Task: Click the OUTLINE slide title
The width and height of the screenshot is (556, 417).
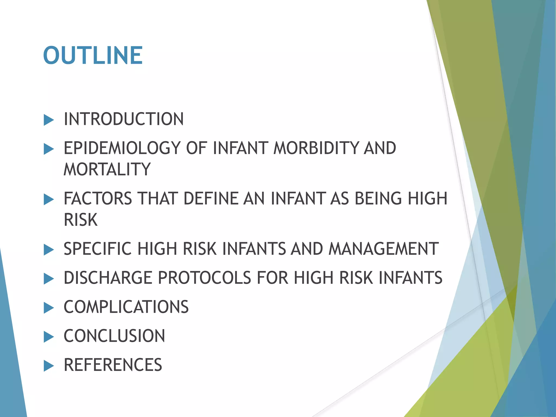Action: coord(93,56)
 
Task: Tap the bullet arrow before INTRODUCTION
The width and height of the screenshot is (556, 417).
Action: coord(49,120)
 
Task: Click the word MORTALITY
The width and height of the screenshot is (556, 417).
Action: coord(107,169)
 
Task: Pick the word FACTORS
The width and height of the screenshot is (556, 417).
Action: coord(98,198)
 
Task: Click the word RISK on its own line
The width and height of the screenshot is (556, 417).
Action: coord(81,220)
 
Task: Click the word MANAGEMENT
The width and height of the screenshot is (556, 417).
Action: coord(383,249)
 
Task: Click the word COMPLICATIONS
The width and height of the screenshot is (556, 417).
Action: coord(126,307)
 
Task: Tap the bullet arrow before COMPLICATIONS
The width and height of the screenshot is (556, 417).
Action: coord(49,308)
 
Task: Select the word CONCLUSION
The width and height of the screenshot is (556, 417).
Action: coord(114,336)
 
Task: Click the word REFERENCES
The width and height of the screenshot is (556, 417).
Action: coord(113,365)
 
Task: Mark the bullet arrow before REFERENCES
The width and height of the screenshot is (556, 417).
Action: coord(49,366)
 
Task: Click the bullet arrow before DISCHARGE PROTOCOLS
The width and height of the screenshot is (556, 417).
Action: coord(49,279)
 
